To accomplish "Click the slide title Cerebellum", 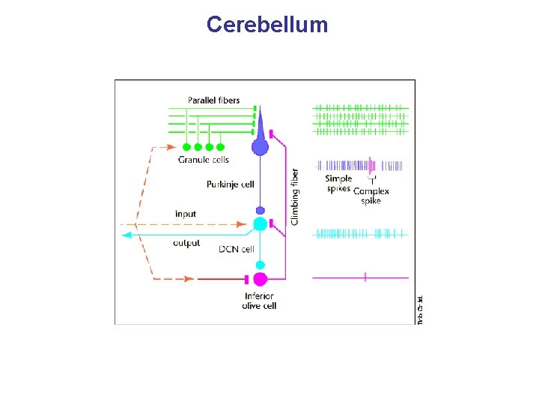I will [x=267, y=25].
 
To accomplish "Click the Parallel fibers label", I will [x=213, y=100].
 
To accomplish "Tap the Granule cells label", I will [x=203, y=160].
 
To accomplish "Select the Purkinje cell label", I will [x=230, y=184].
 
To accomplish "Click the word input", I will [x=185, y=214].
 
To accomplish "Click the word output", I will [x=186, y=243].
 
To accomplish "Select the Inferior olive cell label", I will [x=259, y=301].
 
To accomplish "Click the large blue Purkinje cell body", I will [x=260, y=145].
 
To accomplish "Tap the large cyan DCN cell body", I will [x=260, y=223].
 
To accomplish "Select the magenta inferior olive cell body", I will [x=260, y=279].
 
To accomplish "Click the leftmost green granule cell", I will [x=186, y=147].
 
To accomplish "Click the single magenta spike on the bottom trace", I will [x=365, y=277].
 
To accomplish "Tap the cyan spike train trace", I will [x=360, y=233].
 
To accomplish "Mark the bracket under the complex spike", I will [x=372, y=180].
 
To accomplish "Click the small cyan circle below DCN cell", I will [x=260, y=264].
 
